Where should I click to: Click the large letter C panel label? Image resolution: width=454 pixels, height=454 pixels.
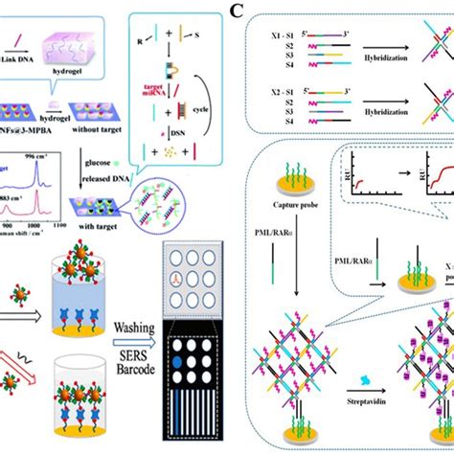[x=237, y=13]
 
